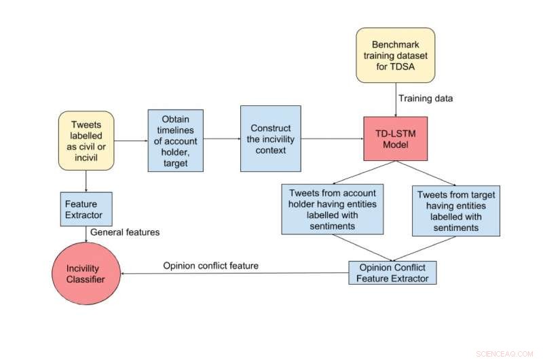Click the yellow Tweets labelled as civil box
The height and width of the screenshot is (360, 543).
[86, 140]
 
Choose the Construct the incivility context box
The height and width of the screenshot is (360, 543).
[270, 139]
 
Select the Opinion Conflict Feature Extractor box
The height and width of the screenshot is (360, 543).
[392, 272]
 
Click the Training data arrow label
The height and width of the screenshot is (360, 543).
[426, 98]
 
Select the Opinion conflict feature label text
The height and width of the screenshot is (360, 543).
[210, 266]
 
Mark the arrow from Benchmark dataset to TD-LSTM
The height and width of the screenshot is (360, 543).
[396, 99]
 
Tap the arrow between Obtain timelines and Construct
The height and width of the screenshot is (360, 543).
[221, 139]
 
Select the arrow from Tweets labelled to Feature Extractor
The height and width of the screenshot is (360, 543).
[86, 181]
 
